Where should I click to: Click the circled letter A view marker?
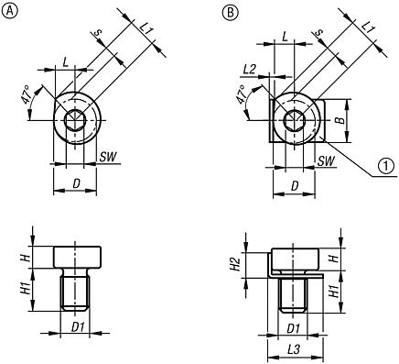[x=10, y=11]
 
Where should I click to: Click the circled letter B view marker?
[x=230, y=13]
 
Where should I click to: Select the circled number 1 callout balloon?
[x=385, y=166]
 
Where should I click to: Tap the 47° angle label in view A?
[x=26, y=95]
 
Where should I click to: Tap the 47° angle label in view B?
[x=243, y=95]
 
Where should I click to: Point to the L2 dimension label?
[x=250, y=70]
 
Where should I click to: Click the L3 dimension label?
[x=294, y=350]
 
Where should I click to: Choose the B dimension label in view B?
[x=341, y=120]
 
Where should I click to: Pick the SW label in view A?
[x=108, y=157]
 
